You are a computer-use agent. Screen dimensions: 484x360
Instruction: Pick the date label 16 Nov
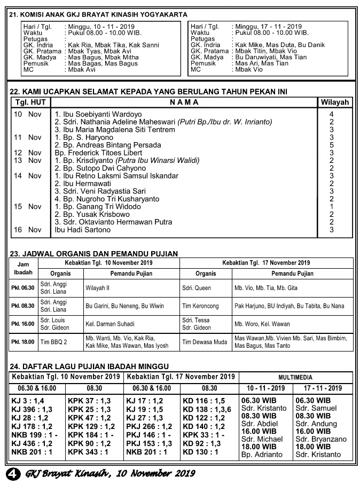pyautogui.click(x=27, y=230)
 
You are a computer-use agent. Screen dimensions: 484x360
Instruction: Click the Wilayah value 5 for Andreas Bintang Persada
pyautogui.click(x=332, y=145)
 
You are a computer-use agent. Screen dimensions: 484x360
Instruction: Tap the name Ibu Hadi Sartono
pyautogui.click(x=82, y=230)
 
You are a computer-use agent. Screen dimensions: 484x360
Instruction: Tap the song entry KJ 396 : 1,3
pyautogui.click(x=32, y=409)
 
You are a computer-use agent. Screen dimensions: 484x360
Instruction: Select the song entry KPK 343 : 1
pyautogui.click(x=89, y=452)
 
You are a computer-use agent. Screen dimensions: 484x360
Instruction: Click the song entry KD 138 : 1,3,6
pyautogui.click(x=207, y=409)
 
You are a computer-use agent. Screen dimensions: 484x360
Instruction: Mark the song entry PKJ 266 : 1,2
pyautogui.click(x=149, y=426)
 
